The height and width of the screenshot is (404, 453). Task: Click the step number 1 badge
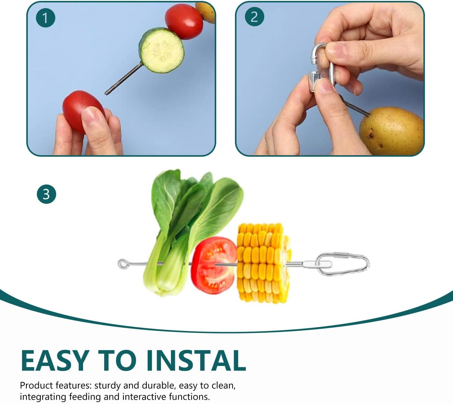click(45, 18)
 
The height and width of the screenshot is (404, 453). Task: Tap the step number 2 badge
click(255, 17)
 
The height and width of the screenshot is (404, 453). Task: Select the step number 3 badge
click(46, 194)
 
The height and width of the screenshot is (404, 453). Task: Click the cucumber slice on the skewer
click(162, 50)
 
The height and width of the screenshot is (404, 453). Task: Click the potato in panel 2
click(391, 131)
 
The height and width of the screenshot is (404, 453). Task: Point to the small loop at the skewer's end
click(123, 264)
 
